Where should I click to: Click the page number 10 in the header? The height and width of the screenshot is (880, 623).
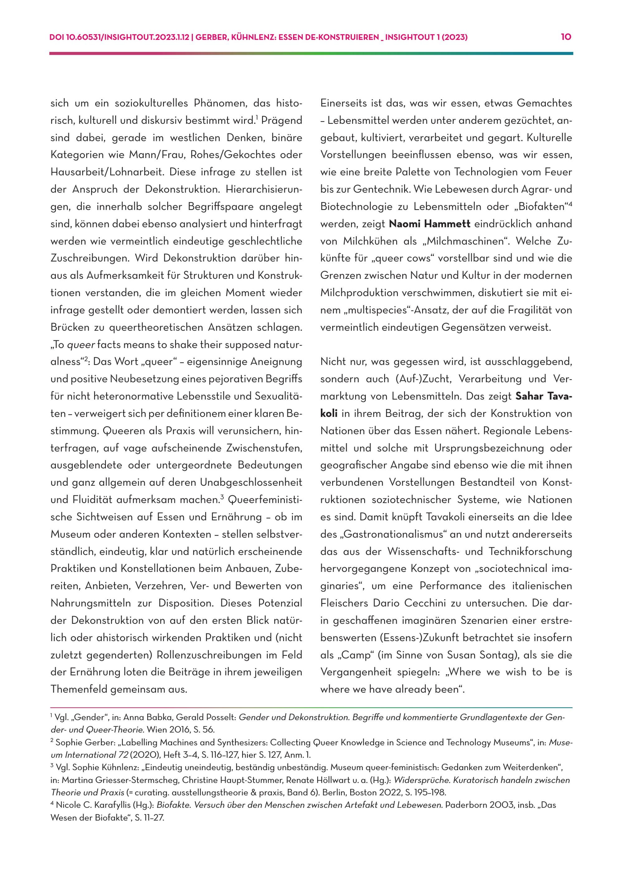566,37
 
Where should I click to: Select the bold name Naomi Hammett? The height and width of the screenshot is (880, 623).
429,224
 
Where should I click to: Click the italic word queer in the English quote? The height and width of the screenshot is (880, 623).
81,344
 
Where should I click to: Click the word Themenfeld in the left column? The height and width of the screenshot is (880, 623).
78,690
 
